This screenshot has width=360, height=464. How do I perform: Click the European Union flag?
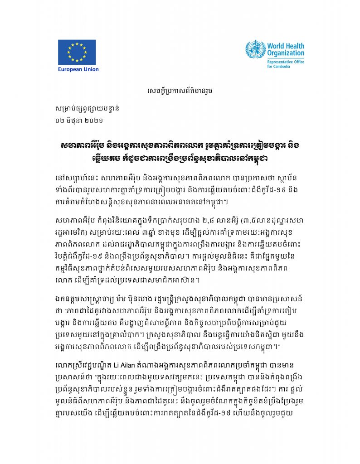click(x=77, y=52)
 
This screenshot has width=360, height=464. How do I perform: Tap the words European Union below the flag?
click(x=78, y=69)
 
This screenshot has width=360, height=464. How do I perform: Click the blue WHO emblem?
click(x=255, y=50)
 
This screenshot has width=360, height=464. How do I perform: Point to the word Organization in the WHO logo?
click(x=286, y=53)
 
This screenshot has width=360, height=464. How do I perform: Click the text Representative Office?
click(x=286, y=61)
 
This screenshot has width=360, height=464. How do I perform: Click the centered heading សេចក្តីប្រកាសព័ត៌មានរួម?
click(x=180, y=91)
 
